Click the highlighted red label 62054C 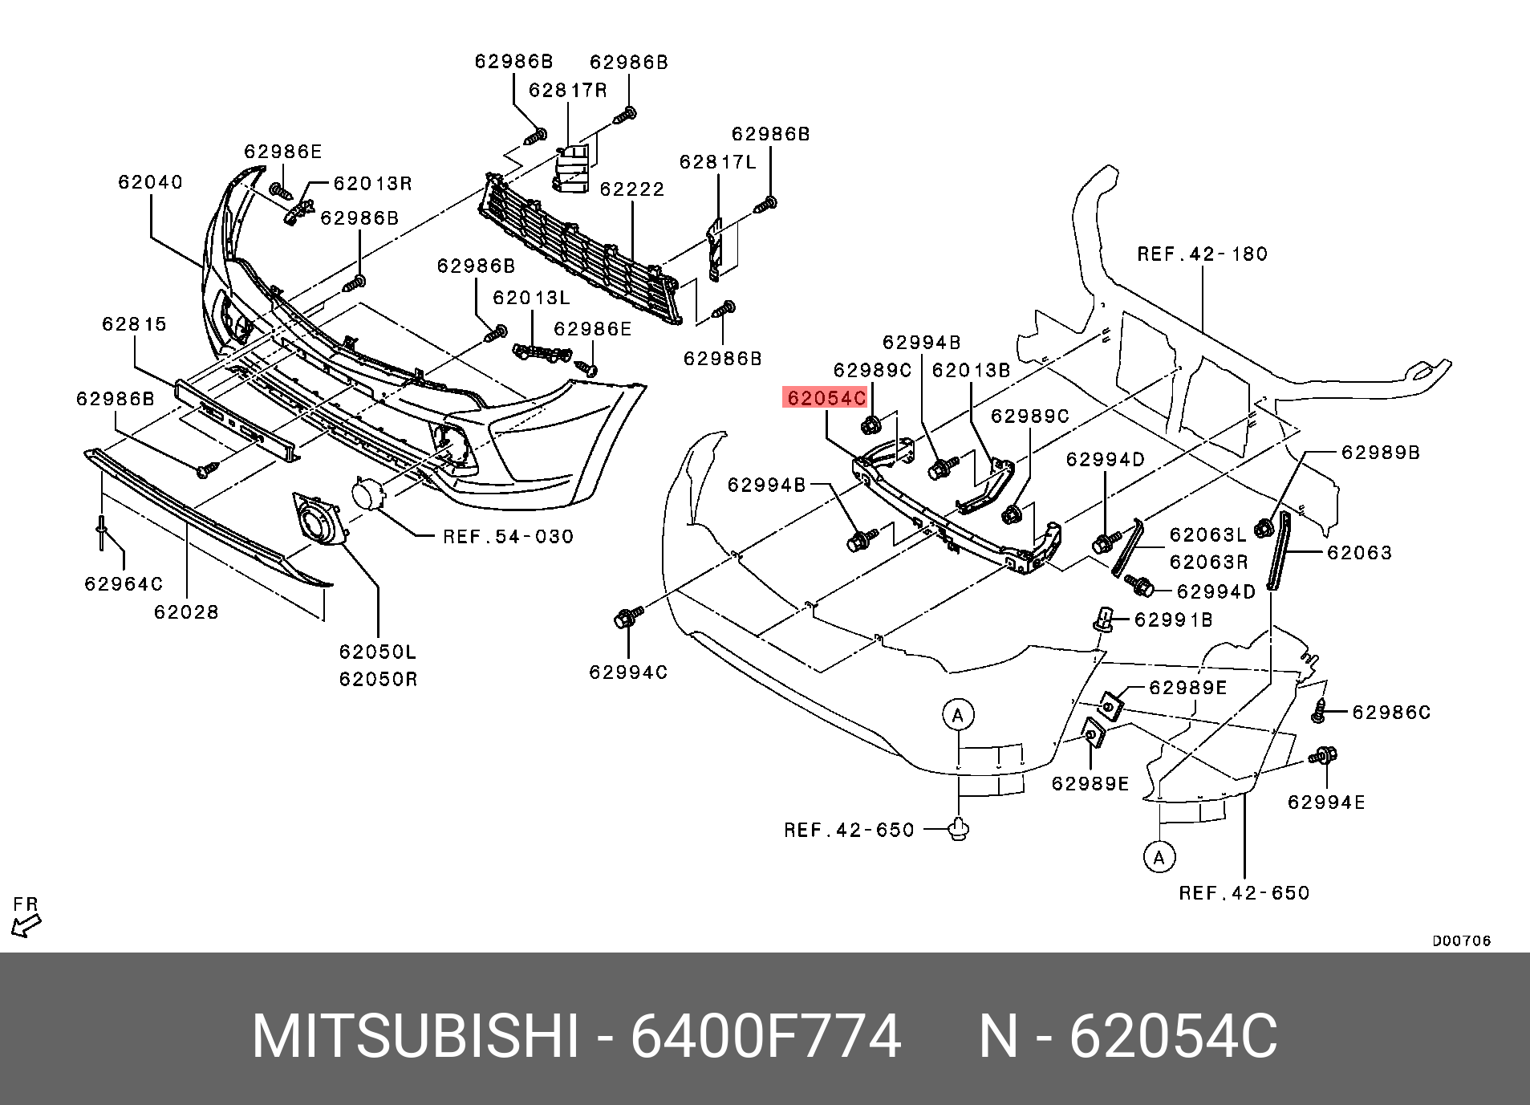826,398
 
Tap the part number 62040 150,182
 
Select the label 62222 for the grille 632,189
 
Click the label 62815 134,324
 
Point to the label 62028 186,612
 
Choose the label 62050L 377,652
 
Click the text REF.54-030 508,537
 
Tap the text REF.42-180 1202,254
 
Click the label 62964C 124,584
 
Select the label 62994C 627,672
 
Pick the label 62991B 1173,620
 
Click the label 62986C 1390,713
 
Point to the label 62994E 1325,802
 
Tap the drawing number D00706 1461,940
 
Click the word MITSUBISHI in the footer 415,1037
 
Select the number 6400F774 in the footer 765,1037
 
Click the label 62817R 567,91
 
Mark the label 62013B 971,371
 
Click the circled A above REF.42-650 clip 957,714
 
